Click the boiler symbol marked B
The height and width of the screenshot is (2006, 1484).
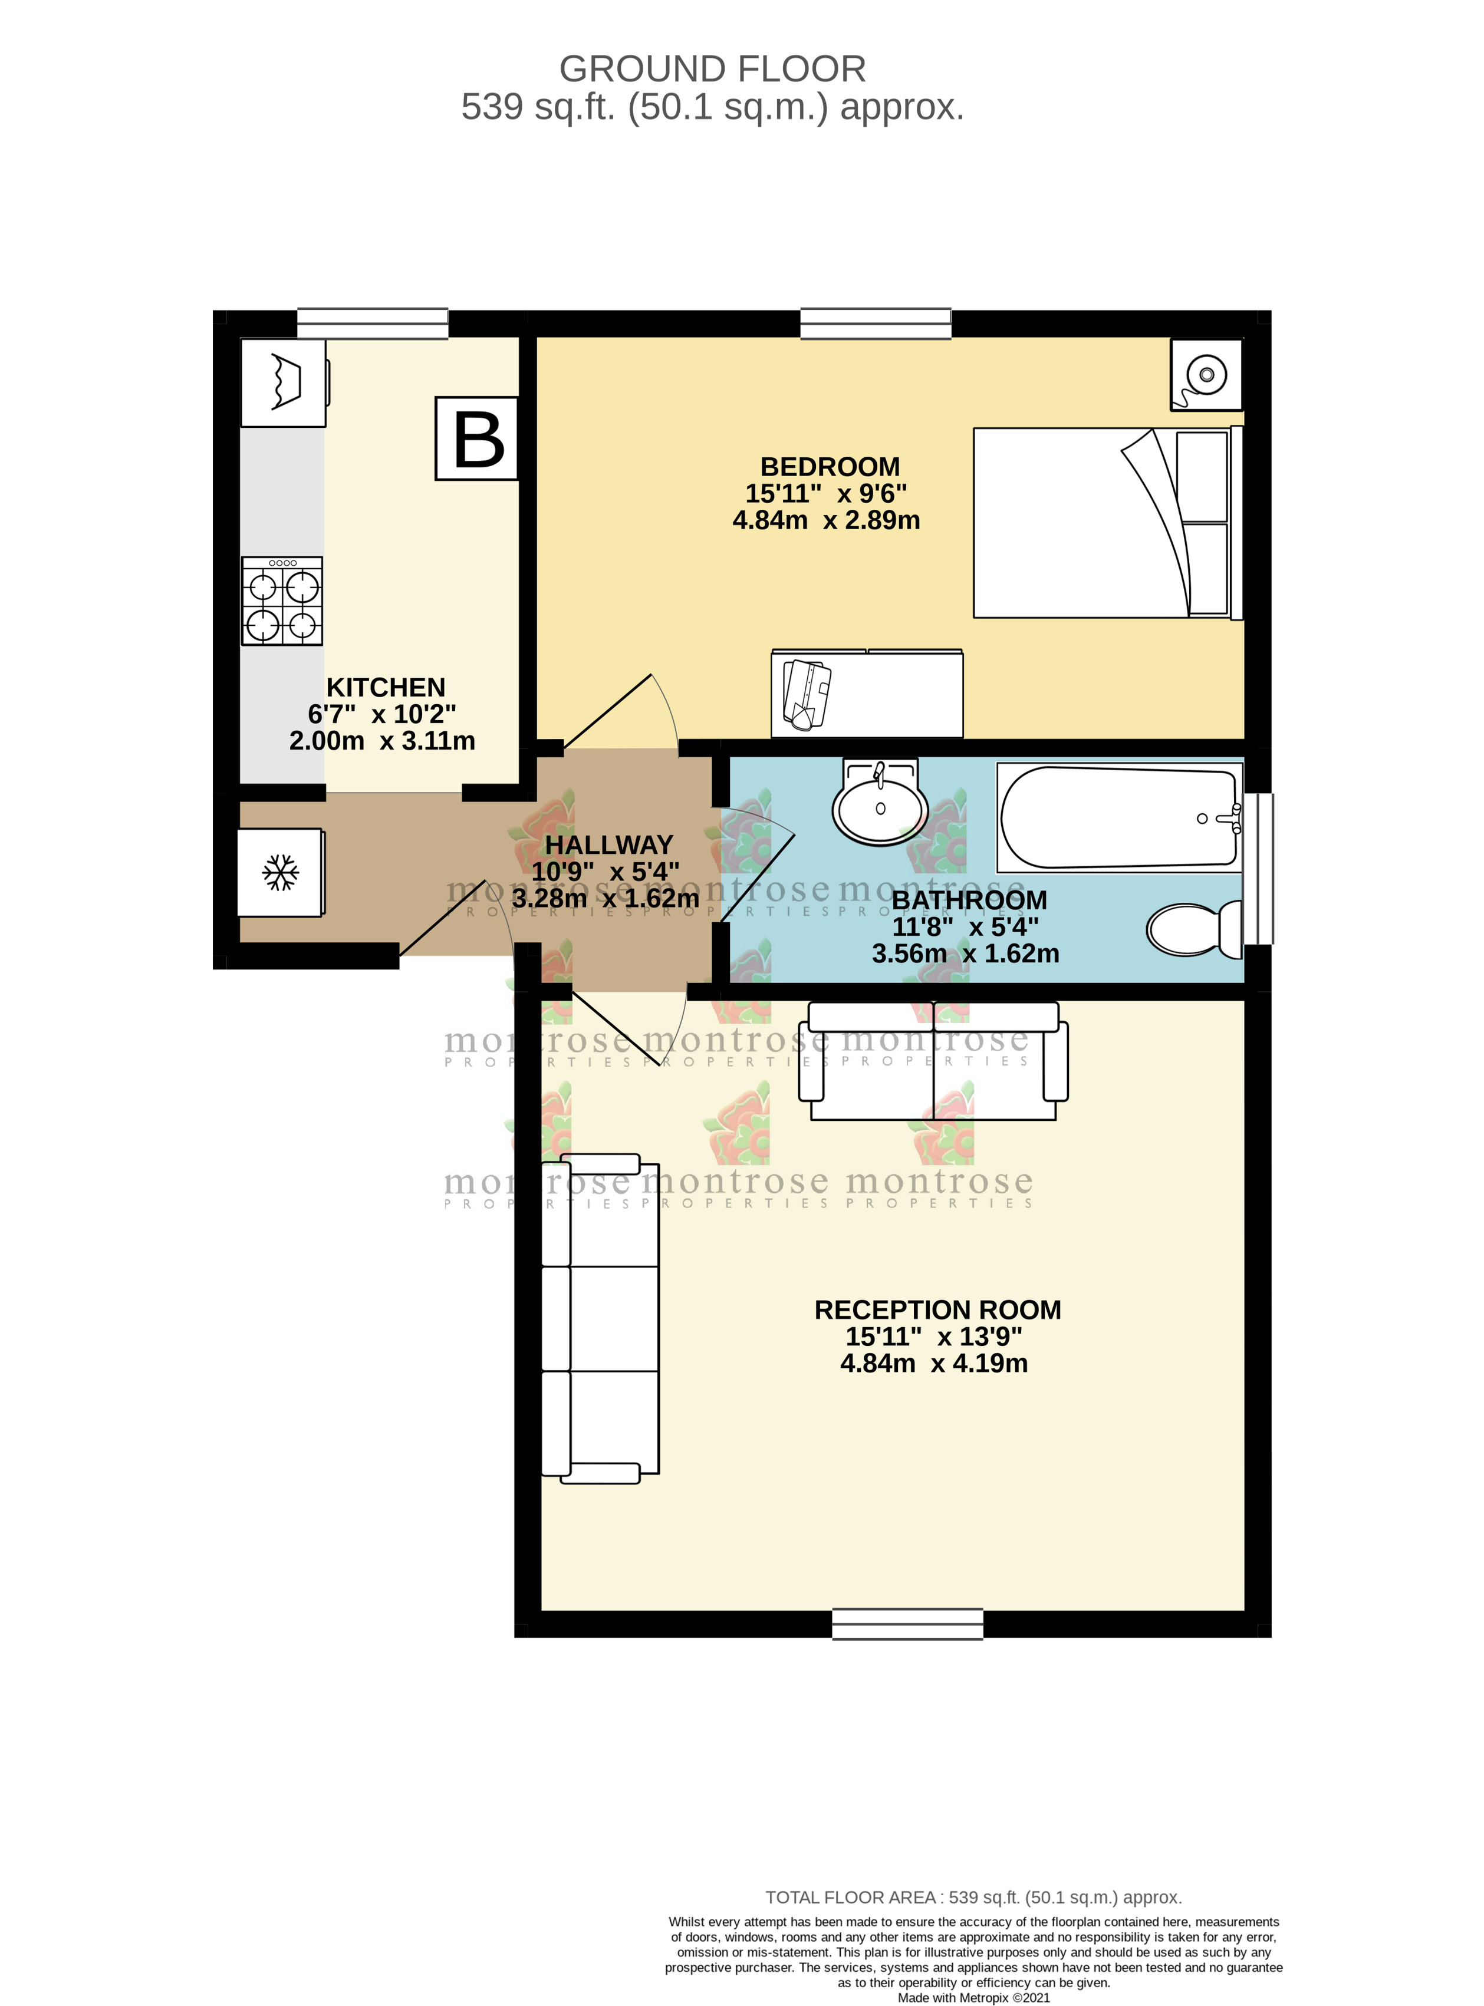pyautogui.click(x=477, y=438)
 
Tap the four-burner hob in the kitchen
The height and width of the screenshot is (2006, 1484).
pyautogui.click(x=282, y=601)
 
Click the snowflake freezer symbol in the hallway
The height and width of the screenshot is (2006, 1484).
pyautogui.click(x=280, y=872)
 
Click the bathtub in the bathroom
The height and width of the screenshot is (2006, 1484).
pyautogui.click(x=1118, y=817)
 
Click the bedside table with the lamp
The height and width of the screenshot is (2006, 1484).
pyautogui.click(x=1206, y=374)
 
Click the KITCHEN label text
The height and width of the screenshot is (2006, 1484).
pyautogui.click(x=386, y=687)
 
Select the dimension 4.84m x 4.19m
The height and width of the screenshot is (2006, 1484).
pyautogui.click(x=933, y=1363)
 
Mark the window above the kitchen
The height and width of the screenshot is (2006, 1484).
pyautogui.click(x=373, y=324)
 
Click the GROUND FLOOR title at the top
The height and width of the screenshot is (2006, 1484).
pyautogui.click(x=712, y=69)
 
